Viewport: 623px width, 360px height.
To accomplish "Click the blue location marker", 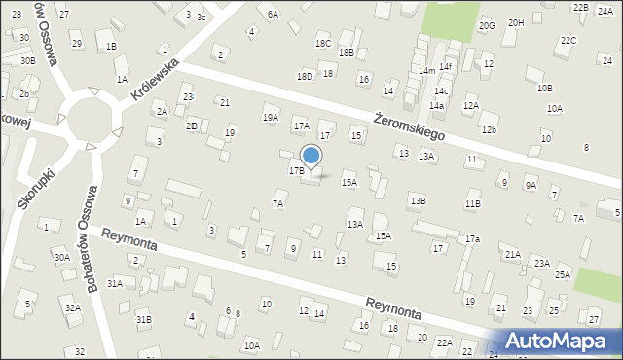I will [311, 155].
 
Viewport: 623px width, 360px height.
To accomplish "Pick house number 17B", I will [296, 170].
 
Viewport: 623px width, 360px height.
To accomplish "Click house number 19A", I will [270, 117].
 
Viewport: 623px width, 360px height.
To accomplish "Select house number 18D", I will [305, 75].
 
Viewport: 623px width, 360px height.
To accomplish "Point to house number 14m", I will [426, 71].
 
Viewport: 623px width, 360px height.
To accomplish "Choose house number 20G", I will [487, 25].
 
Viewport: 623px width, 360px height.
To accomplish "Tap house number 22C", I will [568, 40].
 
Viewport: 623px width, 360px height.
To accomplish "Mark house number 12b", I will [489, 129].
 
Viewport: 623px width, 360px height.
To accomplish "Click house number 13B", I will [417, 200].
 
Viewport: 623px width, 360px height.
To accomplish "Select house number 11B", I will [472, 203].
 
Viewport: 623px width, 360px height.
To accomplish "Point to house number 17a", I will [472, 238].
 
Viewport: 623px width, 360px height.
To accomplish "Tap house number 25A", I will [563, 274].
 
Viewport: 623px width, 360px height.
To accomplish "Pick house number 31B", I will [143, 319].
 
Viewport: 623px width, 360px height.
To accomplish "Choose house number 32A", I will [72, 307].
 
